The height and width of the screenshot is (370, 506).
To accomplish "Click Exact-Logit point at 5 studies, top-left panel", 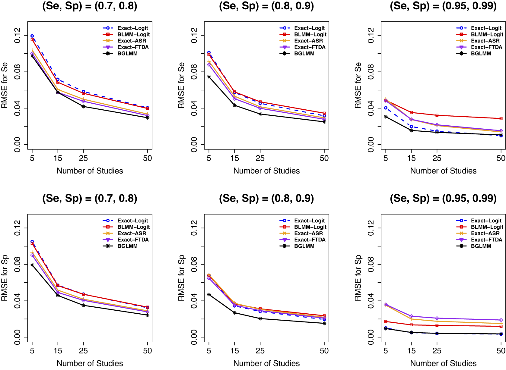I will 32,36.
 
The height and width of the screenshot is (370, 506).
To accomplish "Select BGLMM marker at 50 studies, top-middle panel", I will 324,122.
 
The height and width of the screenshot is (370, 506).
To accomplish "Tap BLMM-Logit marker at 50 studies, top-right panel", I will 501,119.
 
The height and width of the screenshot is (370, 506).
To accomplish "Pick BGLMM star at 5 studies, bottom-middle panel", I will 209,294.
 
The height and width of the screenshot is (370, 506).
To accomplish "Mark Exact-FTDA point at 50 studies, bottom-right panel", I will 501,320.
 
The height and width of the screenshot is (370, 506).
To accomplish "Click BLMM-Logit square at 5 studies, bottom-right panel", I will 386,321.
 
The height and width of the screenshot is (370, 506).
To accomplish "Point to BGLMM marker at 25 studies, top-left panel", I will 83,106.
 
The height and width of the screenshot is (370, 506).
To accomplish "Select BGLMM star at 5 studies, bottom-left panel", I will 32,265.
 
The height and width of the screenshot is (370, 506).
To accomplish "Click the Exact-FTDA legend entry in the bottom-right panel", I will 486,240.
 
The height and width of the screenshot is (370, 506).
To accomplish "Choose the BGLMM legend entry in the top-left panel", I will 127,54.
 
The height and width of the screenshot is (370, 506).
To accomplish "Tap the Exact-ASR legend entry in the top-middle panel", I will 308,41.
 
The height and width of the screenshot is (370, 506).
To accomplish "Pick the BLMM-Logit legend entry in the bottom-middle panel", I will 310,227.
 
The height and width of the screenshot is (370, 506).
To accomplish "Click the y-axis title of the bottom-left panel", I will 5,278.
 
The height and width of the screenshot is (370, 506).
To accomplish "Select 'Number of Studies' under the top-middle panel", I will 266,171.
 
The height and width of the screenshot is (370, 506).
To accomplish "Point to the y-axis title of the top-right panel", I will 358,85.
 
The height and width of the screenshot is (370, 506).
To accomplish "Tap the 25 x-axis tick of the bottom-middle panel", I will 260,351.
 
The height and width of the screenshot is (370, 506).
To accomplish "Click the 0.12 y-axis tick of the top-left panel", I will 18,35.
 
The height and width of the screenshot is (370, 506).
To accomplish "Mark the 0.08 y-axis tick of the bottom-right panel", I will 371,264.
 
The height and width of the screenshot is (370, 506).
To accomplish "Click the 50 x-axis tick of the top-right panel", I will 501,158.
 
